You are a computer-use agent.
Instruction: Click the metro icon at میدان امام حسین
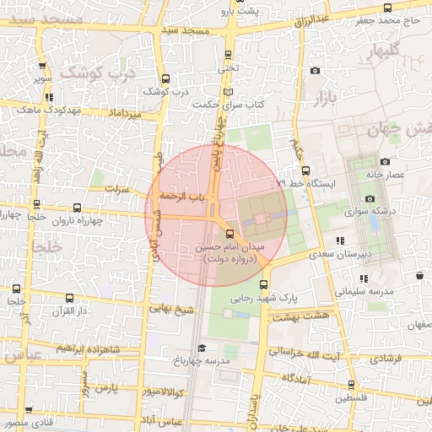pos(229,234)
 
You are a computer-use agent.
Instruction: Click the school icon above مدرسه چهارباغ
pos(201,348)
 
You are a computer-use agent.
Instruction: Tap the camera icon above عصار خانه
pos(385,161)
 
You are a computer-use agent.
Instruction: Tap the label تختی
pos(228,66)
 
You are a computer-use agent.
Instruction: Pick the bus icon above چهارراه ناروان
pos(77,208)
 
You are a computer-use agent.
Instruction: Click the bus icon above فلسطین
pos(351,385)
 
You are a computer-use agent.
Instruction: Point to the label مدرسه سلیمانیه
pos(366,292)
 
